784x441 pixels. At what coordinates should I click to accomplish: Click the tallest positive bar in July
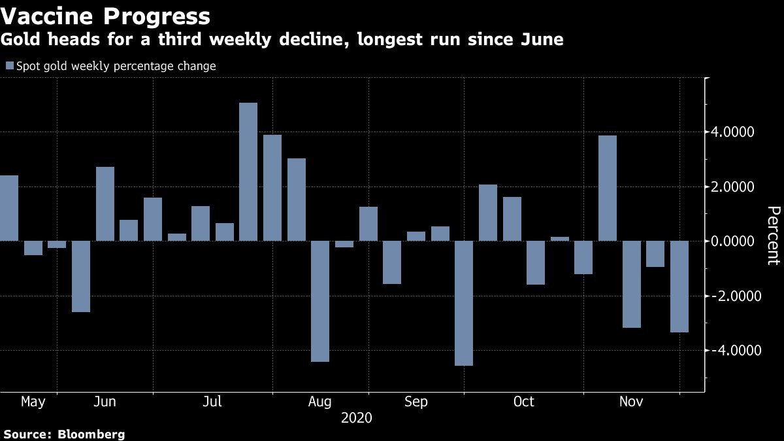tap(248, 171)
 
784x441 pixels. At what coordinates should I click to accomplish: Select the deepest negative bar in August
tap(320, 301)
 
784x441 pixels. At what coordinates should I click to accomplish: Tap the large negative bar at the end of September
tap(464, 303)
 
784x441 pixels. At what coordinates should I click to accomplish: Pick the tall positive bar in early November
tap(608, 188)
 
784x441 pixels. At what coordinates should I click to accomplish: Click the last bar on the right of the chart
tap(679, 287)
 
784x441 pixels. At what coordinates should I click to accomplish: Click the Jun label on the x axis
tap(105, 402)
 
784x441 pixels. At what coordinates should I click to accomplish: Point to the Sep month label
tap(416, 402)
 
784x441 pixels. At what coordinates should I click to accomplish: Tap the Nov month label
tap(632, 402)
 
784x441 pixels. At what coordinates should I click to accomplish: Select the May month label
tap(33, 402)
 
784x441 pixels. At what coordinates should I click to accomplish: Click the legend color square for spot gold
tap(9, 66)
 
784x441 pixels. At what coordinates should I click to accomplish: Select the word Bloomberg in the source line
tap(91, 434)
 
